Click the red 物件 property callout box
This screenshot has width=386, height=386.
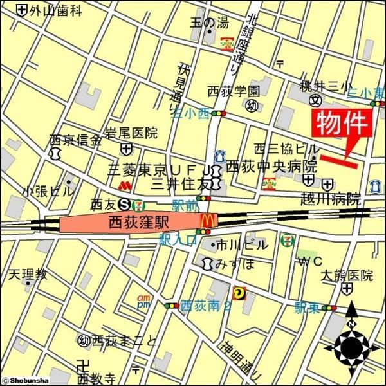pos(343,123)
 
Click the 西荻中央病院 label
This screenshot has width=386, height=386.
pos(271,165)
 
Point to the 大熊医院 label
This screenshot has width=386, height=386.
pos(347,275)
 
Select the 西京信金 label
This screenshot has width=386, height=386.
pos(76,139)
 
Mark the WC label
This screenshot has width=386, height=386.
pos(308,261)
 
